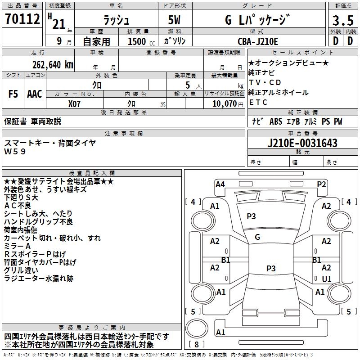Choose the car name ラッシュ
tap(116, 20)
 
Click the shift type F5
tap(13, 94)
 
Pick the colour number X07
tap(74, 104)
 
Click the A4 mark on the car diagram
tap(220, 184)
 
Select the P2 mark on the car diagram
tap(321, 184)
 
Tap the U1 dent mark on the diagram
tap(327, 279)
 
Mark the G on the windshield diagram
tap(257, 237)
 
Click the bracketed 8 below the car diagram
tap(198, 345)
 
